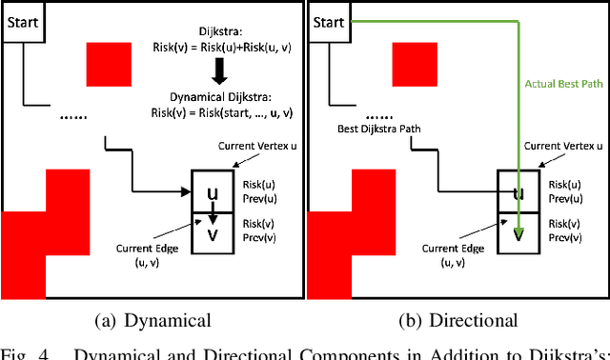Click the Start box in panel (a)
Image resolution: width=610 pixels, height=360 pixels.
pyautogui.click(x=21, y=21)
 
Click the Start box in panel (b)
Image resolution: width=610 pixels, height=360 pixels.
pyautogui.click(x=329, y=21)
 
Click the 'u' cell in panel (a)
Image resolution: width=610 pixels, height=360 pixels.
pyautogui.click(x=213, y=193)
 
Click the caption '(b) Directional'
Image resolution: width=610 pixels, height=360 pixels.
pyautogui.click(x=457, y=320)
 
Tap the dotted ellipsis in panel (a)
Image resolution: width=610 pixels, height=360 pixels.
pyautogui.click(x=73, y=116)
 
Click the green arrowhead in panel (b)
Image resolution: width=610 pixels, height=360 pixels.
pyautogui.click(x=518, y=231)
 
